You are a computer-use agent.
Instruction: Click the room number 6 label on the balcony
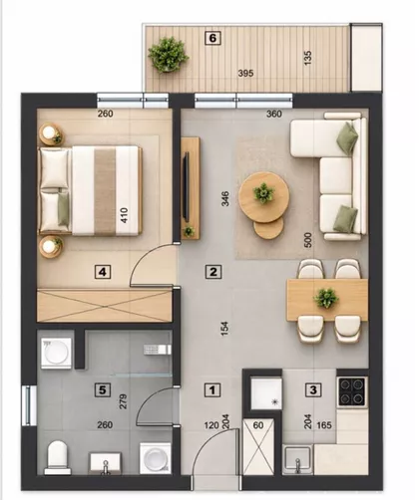(x=212, y=38)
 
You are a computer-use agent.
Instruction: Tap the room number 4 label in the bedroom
(x=103, y=272)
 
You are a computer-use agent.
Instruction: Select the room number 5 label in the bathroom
(x=102, y=389)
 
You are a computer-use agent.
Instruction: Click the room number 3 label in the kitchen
(x=313, y=389)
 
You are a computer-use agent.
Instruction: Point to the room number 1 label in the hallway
(x=212, y=390)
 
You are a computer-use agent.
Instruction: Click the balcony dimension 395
(x=245, y=73)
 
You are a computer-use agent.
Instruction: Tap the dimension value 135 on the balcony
(x=308, y=58)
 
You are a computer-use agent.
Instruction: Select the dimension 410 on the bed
(x=124, y=215)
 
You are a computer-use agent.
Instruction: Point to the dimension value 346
(x=225, y=198)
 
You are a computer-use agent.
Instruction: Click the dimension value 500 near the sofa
(x=308, y=240)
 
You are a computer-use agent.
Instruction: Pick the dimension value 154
(x=225, y=329)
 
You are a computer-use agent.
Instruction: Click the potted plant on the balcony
(x=169, y=54)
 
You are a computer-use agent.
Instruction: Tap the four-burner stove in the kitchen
(x=352, y=392)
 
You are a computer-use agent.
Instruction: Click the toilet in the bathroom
(x=58, y=457)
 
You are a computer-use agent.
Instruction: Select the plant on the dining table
(x=326, y=298)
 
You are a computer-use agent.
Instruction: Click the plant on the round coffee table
(x=263, y=192)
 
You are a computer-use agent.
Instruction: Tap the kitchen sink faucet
(x=298, y=465)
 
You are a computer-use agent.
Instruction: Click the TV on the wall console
(x=187, y=187)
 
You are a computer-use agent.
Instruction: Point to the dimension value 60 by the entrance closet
(x=258, y=425)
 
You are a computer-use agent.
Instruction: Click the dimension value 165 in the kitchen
(x=324, y=425)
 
